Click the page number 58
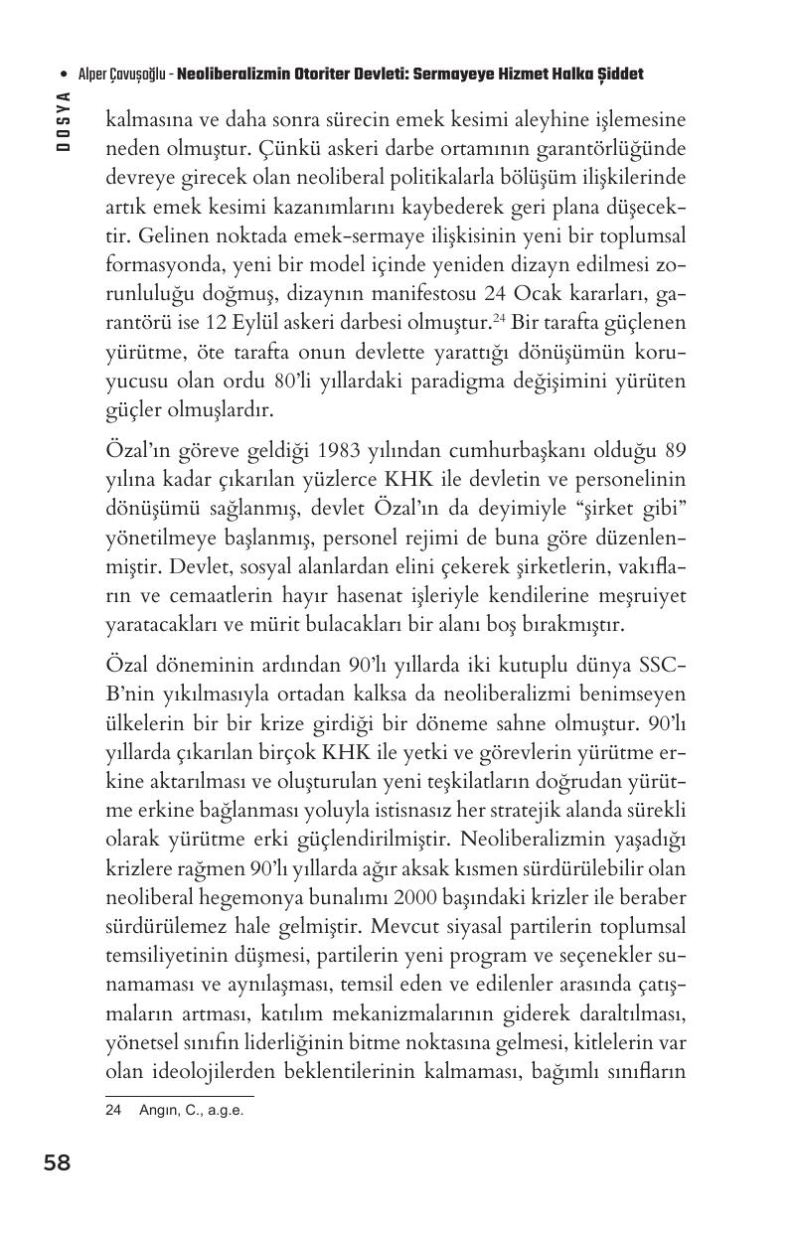[57, 1162]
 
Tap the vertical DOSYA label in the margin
[63, 120]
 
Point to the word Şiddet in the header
[621, 75]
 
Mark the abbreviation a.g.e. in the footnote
[223, 1111]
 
